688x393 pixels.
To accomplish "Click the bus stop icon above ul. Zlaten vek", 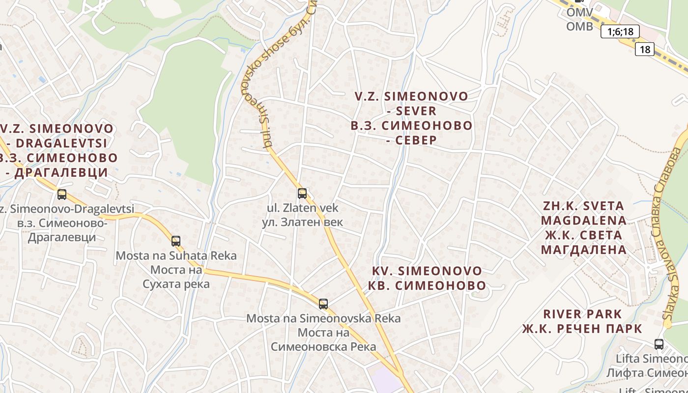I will click(302, 194).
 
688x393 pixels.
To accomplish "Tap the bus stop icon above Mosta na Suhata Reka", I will click(176, 241).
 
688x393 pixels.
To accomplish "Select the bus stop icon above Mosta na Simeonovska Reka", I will click(323, 304).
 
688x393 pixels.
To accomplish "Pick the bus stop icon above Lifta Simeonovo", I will click(659, 344).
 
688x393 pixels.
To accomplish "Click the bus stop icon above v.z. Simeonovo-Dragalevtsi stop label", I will click(62, 195).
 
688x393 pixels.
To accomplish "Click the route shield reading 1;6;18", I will click(620, 32).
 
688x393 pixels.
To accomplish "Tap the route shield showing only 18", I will click(644, 49).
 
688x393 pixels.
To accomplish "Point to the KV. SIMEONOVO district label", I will click(427, 271).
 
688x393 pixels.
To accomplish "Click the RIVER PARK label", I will click(582, 314).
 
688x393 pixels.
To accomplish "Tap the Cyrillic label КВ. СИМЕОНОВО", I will click(427, 285).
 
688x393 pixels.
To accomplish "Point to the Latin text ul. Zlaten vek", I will click(302, 208).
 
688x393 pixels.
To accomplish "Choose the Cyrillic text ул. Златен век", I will click(302, 222).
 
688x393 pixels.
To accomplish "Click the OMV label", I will click(579, 12).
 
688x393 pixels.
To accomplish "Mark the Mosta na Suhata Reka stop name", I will click(176, 255).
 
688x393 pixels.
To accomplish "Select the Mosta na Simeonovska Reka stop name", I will click(323, 318).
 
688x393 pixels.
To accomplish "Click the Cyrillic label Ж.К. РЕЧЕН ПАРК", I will click(582, 329).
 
